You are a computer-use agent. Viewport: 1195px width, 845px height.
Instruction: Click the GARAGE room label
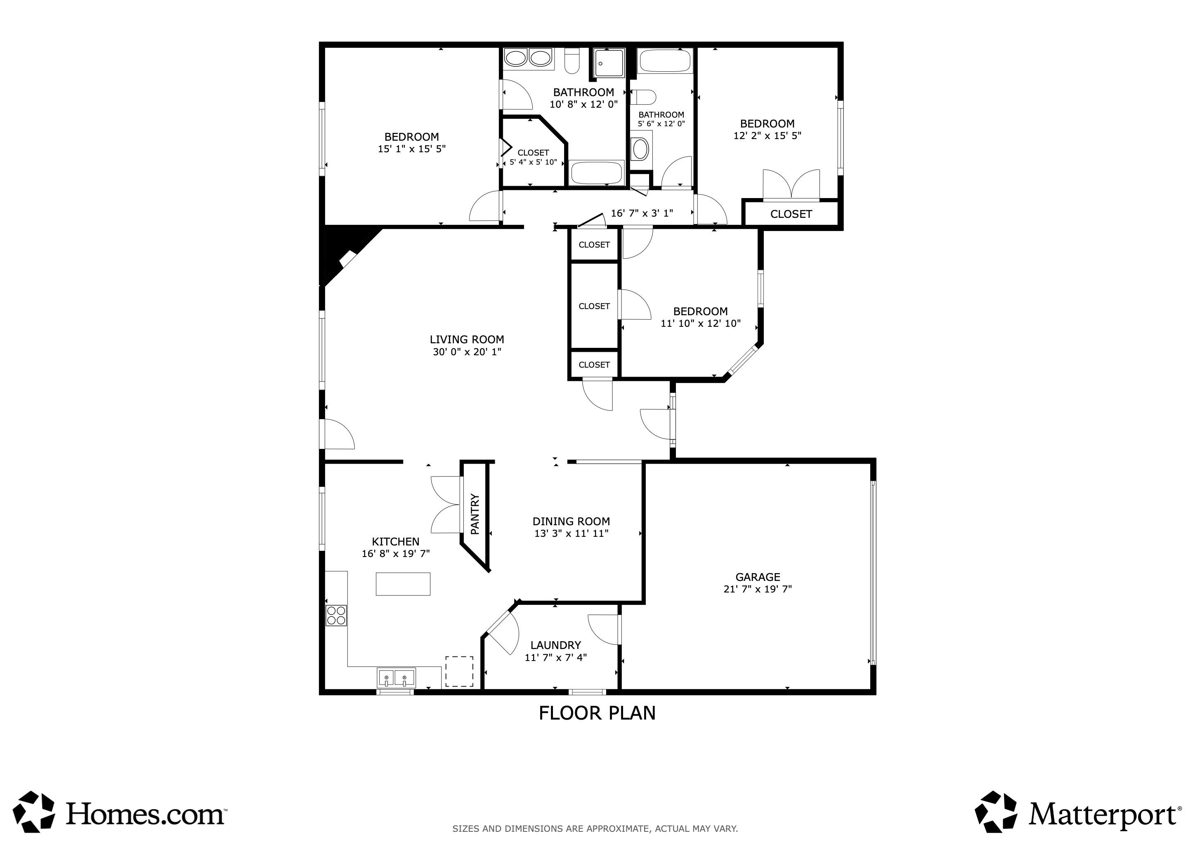[757, 577]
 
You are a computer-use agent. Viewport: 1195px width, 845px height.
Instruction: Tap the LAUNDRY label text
[555, 645]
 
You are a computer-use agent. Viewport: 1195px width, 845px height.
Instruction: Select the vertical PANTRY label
[475, 514]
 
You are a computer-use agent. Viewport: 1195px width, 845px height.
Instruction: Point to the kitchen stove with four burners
[336, 616]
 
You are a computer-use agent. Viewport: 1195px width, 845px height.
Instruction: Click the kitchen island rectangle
[403, 584]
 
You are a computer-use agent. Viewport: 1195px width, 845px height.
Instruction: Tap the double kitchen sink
[396, 678]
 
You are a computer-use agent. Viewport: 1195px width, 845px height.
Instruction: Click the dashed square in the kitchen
[459, 671]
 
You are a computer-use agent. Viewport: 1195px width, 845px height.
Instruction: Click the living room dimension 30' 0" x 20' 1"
[467, 352]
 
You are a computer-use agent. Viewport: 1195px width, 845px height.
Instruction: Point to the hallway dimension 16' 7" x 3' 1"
[642, 213]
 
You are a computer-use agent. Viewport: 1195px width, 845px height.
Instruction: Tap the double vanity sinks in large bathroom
[528, 58]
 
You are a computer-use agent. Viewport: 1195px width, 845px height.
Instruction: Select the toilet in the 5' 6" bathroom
[643, 97]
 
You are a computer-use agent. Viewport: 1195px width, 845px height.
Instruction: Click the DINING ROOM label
[571, 522]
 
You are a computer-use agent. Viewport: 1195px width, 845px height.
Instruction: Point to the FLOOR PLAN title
[597, 713]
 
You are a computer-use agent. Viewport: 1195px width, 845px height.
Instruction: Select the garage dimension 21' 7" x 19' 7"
[757, 589]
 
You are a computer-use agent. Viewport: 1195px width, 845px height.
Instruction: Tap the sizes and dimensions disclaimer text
[595, 828]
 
